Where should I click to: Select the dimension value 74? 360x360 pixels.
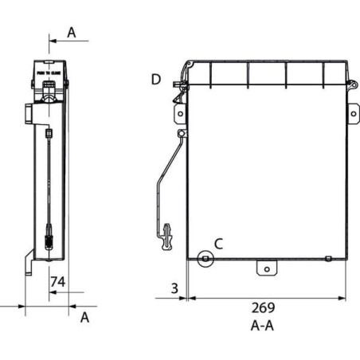(x=57, y=281)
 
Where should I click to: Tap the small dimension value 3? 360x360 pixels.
(x=174, y=288)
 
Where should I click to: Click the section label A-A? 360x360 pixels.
(x=264, y=325)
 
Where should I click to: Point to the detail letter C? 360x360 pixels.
(x=218, y=244)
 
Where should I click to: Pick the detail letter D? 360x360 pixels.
(x=157, y=79)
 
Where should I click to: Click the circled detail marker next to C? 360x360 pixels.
(x=205, y=258)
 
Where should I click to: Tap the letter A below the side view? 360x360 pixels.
(x=84, y=316)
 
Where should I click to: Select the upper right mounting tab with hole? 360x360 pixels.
(x=352, y=113)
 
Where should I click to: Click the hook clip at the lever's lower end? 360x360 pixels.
(x=167, y=236)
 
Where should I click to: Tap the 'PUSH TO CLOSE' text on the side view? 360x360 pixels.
(x=50, y=72)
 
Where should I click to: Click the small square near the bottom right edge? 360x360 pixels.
(x=328, y=257)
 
